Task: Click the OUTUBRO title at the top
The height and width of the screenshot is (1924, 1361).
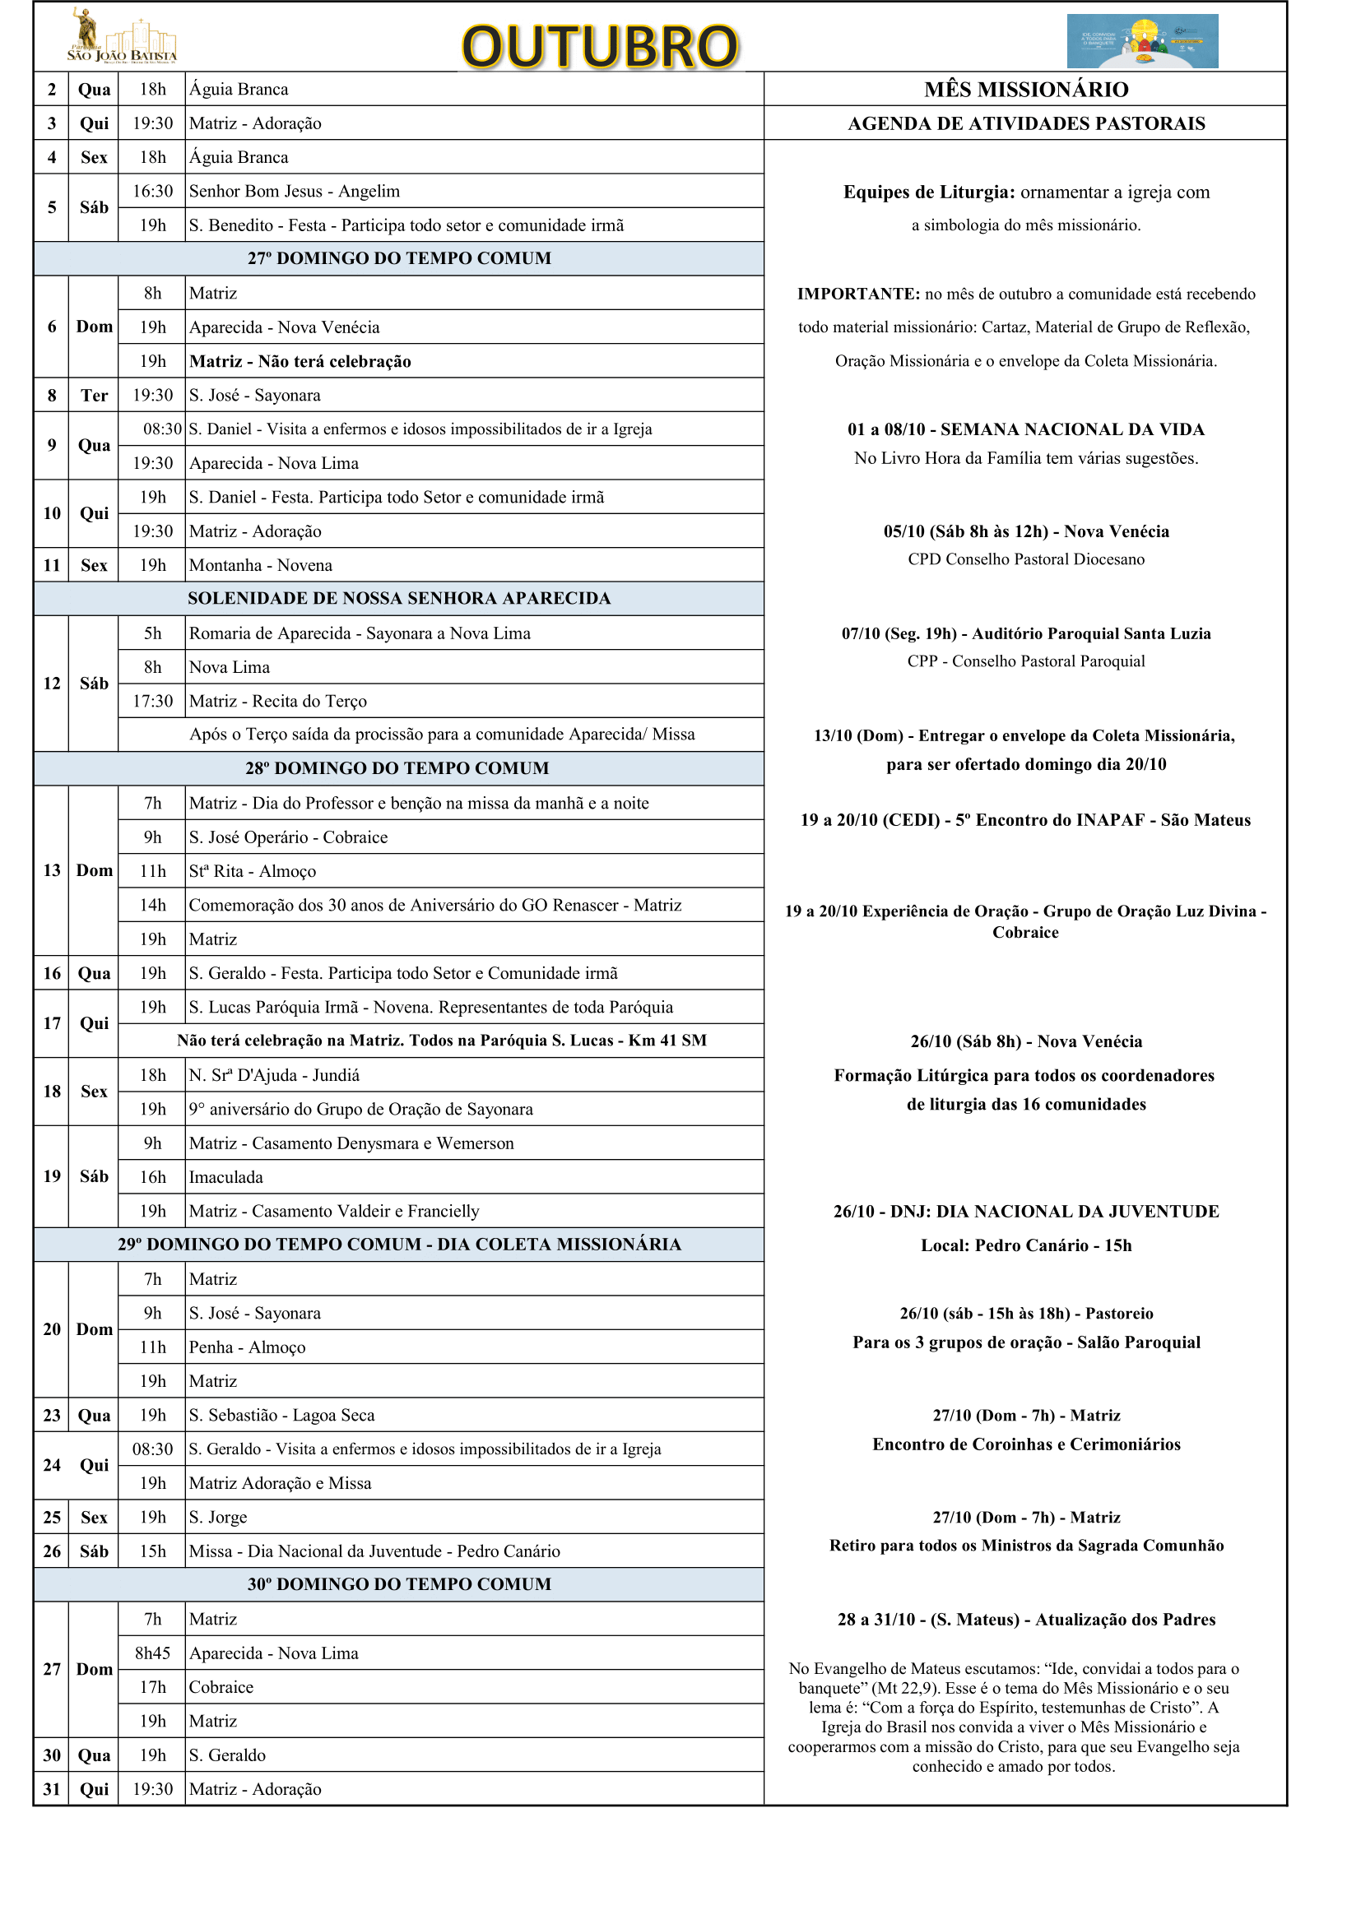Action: pyautogui.click(x=600, y=46)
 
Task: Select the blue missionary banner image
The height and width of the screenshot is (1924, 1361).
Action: pyautogui.click(x=1141, y=40)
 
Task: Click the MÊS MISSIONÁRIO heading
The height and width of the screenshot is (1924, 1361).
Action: pyautogui.click(x=1026, y=90)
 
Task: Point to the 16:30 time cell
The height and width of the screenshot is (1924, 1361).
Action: pyautogui.click(x=152, y=192)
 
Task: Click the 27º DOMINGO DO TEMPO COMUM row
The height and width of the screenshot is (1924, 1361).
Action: pyautogui.click(x=399, y=259)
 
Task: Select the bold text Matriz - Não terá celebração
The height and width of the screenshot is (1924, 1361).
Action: pyautogui.click(x=300, y=362)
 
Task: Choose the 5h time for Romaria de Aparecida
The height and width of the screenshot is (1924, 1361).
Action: pyautogui.click(x=152, y=633)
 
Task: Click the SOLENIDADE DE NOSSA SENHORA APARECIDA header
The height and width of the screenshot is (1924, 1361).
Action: pyautogui.click(x=399, y=599)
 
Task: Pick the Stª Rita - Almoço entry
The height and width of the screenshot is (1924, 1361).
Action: pyautogui.click(x=253, y=871)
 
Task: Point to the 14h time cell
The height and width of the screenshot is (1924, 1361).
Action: pyautogui.click(x=152, y=906)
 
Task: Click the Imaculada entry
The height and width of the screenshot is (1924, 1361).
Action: pyautogui.click(x=226, y=1177)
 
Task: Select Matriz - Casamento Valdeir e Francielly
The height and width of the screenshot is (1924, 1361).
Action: pyautogui.click(x=333, y=1212)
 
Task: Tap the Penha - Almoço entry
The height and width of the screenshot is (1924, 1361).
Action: pyautogui.click(x=247, y=1347)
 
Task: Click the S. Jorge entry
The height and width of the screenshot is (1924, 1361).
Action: pyautogui.click(x=218, y=1518)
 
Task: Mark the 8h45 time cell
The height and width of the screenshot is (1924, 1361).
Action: pyautogui.click(x=152, y=1653)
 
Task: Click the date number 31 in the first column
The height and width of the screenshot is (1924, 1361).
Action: pyautogui.click(x=52, y=1789)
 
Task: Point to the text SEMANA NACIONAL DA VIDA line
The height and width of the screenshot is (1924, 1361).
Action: pyautogui.click(x=1026, y=430)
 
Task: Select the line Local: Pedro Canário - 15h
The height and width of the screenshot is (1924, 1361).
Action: pyautogui.click(x=1026, y=1246)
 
